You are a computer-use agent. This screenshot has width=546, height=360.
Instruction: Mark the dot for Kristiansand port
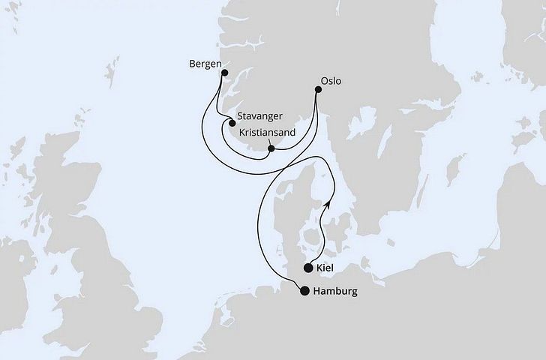click(271, 148)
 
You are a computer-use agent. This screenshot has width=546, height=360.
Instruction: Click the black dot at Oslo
click(318, 91)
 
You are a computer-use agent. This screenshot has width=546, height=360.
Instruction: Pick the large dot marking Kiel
click(308, 268)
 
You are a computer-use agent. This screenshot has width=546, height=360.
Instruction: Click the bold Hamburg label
click(334, 292)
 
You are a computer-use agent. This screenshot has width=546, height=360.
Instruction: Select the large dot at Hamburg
click(304, 292)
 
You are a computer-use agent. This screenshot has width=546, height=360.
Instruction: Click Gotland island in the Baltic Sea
click(451, 170)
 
